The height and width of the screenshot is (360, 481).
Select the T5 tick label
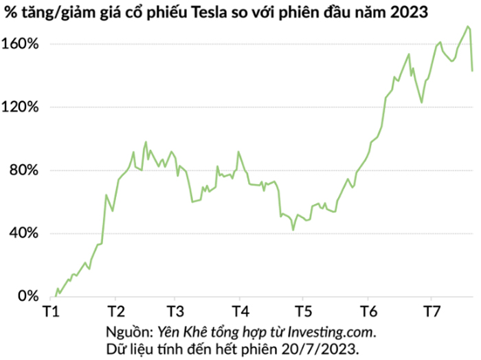300,311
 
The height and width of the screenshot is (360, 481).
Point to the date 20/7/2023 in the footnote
324,348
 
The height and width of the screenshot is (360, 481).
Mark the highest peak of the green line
467,26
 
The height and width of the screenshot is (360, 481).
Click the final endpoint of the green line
472,71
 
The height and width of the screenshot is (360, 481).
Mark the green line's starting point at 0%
55,296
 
